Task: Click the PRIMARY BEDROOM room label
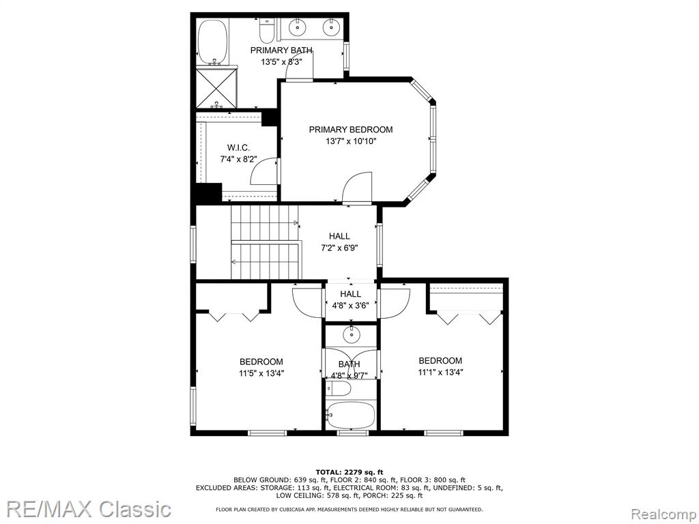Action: coord(351,130)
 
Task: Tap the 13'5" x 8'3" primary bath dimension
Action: coord(282,62)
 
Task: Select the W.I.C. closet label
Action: coord(238,147)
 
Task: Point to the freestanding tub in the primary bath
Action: coord(213,42)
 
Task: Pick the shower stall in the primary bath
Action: coord(216,87)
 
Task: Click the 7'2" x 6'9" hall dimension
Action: coord(339,248)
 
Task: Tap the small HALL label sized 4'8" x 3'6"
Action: coord(351,294)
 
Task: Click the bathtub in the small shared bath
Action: coord(350,415)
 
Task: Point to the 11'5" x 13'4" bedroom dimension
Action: coord(261,373)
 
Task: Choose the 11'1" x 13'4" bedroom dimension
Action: coord(440,372)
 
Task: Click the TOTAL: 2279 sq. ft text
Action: coord(349,472)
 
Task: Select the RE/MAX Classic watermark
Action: coord(89,509)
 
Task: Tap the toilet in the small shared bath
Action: coord(339,389)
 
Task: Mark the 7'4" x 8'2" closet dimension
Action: coord(238,159)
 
